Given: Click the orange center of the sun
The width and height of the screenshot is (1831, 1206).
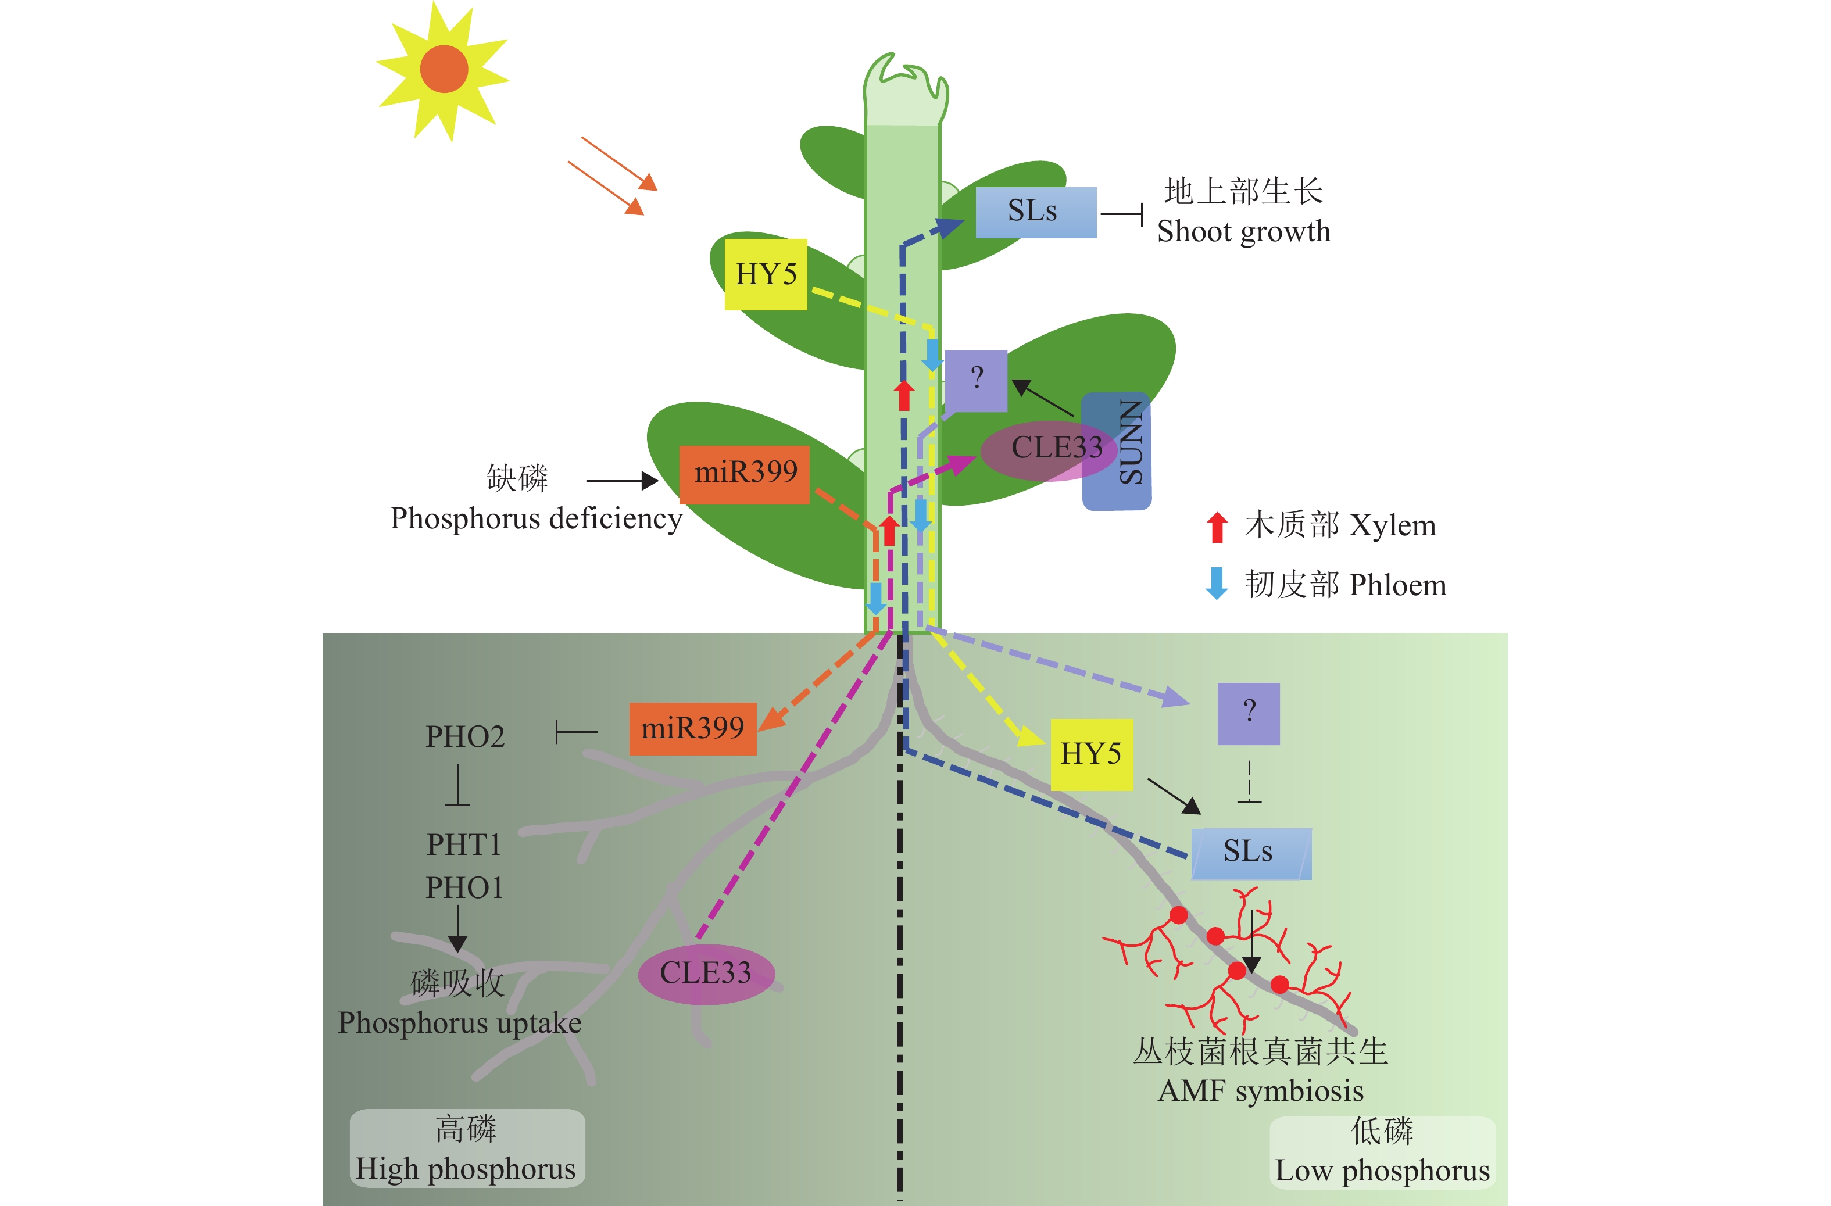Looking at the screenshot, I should point(444,69).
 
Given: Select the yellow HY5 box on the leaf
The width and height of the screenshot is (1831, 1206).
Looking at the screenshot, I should point(766,274).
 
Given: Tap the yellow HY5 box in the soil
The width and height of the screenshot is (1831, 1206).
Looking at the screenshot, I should point(1091,754).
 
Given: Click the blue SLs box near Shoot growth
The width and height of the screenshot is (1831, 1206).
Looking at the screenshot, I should point(1035,212).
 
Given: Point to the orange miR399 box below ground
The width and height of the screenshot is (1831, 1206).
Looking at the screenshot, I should point(692,728).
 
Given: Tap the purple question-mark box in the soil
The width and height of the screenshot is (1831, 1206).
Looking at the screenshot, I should point(1248,713).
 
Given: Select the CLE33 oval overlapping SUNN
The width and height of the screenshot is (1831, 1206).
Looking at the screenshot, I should point(1048,450).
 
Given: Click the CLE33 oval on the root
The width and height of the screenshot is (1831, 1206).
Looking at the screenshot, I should point(706,974).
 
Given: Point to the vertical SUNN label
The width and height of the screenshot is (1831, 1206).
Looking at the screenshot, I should point(1129,444).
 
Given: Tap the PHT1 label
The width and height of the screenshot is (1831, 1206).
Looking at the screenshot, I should point(464,845).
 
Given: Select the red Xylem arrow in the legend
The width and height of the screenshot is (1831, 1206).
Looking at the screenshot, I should point(1216,527).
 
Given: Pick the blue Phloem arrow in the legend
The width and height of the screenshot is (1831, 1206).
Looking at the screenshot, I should point(1216,584).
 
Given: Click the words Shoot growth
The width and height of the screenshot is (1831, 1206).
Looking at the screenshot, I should point(1243,231).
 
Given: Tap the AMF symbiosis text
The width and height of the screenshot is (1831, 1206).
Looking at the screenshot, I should point(1260,1090).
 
